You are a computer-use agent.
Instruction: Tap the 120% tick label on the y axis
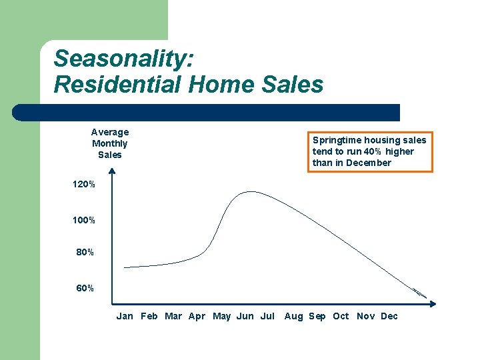pyautogui.click(x=84, y=184)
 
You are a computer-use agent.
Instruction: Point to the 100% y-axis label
pyautogui.click(x=84, y=220)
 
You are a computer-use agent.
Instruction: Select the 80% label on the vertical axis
pyautogui.click(x=86, y=253)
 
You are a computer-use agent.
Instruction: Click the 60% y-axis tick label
pyautogui.click(x=86, y=289)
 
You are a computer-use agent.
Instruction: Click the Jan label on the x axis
pyautogui.click(x=125, y=316)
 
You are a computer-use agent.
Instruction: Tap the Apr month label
pyautogui.click(x=197, y=316)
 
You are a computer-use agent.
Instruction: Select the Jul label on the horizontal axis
pyautogui.click(x=267, y=316)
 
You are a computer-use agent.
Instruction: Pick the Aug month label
pyautogui.click(x=293, y=316)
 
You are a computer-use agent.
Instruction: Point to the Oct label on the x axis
pyautogui.click(x=341, y=316)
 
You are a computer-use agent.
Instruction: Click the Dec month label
pyautogui.click(x=389, y=316)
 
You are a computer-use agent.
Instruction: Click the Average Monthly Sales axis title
pyautogui.click(x=110, y=143)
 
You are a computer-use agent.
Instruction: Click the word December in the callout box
pyautogui.click(x=369, y=163)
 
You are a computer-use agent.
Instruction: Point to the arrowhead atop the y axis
pyautogui.click(x=112, y=171)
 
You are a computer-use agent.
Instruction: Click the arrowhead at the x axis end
pyautogui.click(x=433, y=303)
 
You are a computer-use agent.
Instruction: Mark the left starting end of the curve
pyautogui.click(x=125, y=267)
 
